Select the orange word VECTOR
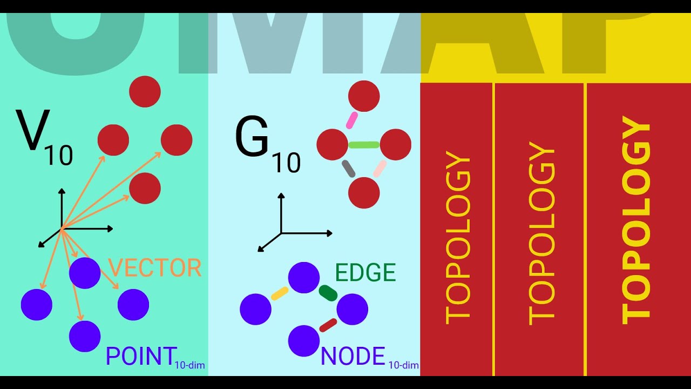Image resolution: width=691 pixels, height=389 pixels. coord(155,268)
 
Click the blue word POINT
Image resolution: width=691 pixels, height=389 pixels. coord(141,357)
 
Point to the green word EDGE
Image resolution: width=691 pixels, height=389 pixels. coord(365,273)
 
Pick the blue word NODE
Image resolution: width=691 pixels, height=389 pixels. coord(353,357)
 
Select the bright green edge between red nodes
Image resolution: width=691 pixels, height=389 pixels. coord(364,145)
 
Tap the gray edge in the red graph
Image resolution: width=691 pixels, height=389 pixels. coord(348,169)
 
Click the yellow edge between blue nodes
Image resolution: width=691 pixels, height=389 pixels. coord(280,293)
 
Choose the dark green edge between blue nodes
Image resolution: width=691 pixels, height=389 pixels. coord(328,293)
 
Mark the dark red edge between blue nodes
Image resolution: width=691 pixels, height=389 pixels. coord(328,325)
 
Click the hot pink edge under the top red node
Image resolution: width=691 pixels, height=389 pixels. coord(352,120)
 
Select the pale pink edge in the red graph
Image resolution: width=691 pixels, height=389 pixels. coord(380,169)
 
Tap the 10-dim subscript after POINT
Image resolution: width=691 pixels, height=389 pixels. coord(189,365)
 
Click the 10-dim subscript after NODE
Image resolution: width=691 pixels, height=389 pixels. coord(403,365)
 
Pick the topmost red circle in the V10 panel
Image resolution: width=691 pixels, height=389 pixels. coord(145,91)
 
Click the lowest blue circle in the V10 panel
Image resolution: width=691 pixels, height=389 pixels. coord(85,336)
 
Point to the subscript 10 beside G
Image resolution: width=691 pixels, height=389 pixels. coord(286,163)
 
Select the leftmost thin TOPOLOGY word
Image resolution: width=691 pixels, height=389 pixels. coord(458,238)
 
